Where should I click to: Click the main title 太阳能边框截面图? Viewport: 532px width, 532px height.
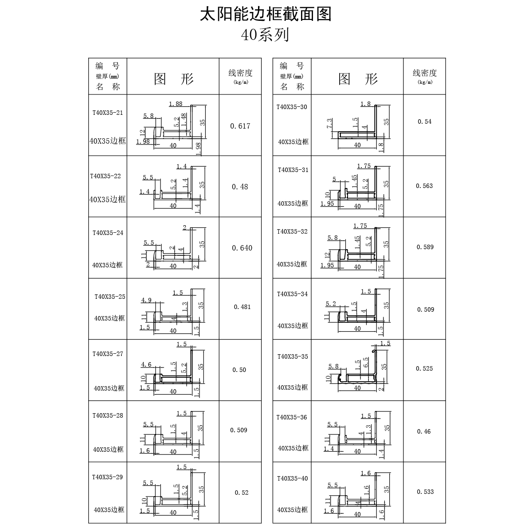(266, 14)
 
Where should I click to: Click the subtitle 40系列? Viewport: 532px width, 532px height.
(265, 35)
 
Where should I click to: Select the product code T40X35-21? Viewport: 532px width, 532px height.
(108, 113)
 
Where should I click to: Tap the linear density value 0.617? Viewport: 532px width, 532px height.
(240, 126)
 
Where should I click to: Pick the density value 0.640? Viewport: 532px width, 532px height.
(242, 248)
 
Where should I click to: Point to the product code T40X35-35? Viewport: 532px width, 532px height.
(293, 356)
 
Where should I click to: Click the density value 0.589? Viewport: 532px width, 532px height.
(425, 247)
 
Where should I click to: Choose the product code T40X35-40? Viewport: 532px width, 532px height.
(292, 478)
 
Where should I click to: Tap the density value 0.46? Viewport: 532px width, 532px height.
(424, 431)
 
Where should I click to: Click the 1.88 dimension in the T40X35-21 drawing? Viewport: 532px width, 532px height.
(176, 104)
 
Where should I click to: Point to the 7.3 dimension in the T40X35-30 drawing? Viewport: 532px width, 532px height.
(329, 123)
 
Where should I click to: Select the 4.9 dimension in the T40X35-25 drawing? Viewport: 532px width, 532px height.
(146, 300)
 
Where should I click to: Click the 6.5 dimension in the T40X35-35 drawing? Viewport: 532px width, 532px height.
(366, 362)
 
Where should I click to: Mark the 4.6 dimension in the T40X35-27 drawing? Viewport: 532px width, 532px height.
(146, 364)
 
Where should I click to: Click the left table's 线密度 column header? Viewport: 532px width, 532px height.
(240, 73)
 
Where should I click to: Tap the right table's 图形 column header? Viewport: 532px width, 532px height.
(358, 79)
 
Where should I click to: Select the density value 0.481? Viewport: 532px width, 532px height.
(242, 307)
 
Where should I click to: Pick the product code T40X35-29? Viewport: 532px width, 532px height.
(107, 477)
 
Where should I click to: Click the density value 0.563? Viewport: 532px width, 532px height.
(424, 186)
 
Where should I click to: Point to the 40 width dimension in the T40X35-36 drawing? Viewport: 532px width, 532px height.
(357, 451)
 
